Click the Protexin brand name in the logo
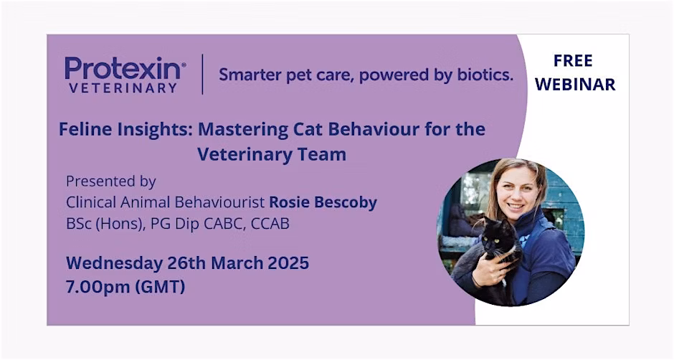click(124, 68)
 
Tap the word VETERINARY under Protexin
click(123, 88)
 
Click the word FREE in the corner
click(573, 61)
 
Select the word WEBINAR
click(575, 85)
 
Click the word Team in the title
click(327, 154)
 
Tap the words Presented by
click(111, 181)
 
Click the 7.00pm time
click(98, 287)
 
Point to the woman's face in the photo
click(518, 189)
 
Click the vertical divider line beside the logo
click(202, 74)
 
